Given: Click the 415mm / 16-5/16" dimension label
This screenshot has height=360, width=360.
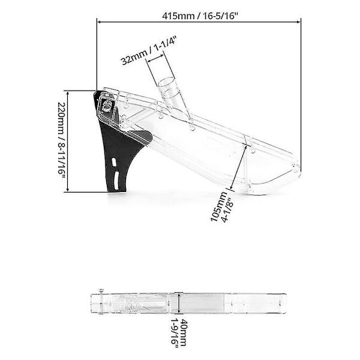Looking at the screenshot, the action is [x=199, y=17].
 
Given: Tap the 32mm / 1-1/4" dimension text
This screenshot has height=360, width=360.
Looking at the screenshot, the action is [x=149, y=50].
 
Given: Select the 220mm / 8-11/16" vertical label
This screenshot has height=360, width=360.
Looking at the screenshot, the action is [x=62, y=142].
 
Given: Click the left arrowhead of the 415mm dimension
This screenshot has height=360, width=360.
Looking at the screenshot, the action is [x=100, y=22].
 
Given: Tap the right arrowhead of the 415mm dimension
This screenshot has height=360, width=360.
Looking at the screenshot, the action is [x=298, y=22].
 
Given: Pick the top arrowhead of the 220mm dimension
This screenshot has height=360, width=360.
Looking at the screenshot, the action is [x=68, y=93].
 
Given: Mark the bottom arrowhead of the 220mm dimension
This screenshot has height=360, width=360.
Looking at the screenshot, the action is [x=68, y=189].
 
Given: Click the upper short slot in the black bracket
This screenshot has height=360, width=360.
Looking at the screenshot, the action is [x=113, y=161].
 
